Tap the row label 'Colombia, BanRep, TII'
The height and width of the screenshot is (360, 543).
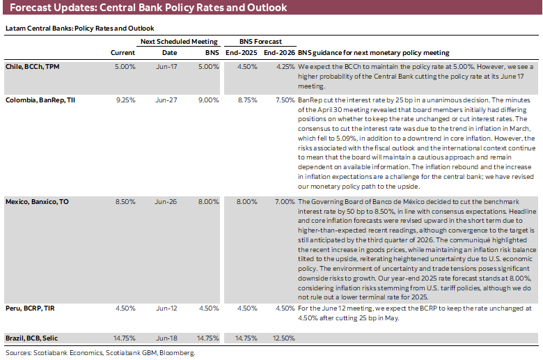(41, 100)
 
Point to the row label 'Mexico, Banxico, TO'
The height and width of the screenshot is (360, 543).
(38, 201)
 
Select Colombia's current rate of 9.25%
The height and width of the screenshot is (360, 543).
(125, 100)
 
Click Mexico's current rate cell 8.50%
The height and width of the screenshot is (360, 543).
(125, 201)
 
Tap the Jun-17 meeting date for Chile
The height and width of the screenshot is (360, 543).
(165, 67)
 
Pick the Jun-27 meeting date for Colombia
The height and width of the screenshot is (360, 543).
(165, 100)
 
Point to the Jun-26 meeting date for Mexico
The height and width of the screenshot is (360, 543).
(165, 201)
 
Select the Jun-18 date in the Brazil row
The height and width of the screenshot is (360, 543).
(165, 338)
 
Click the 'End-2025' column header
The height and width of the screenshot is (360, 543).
(241, 53)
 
